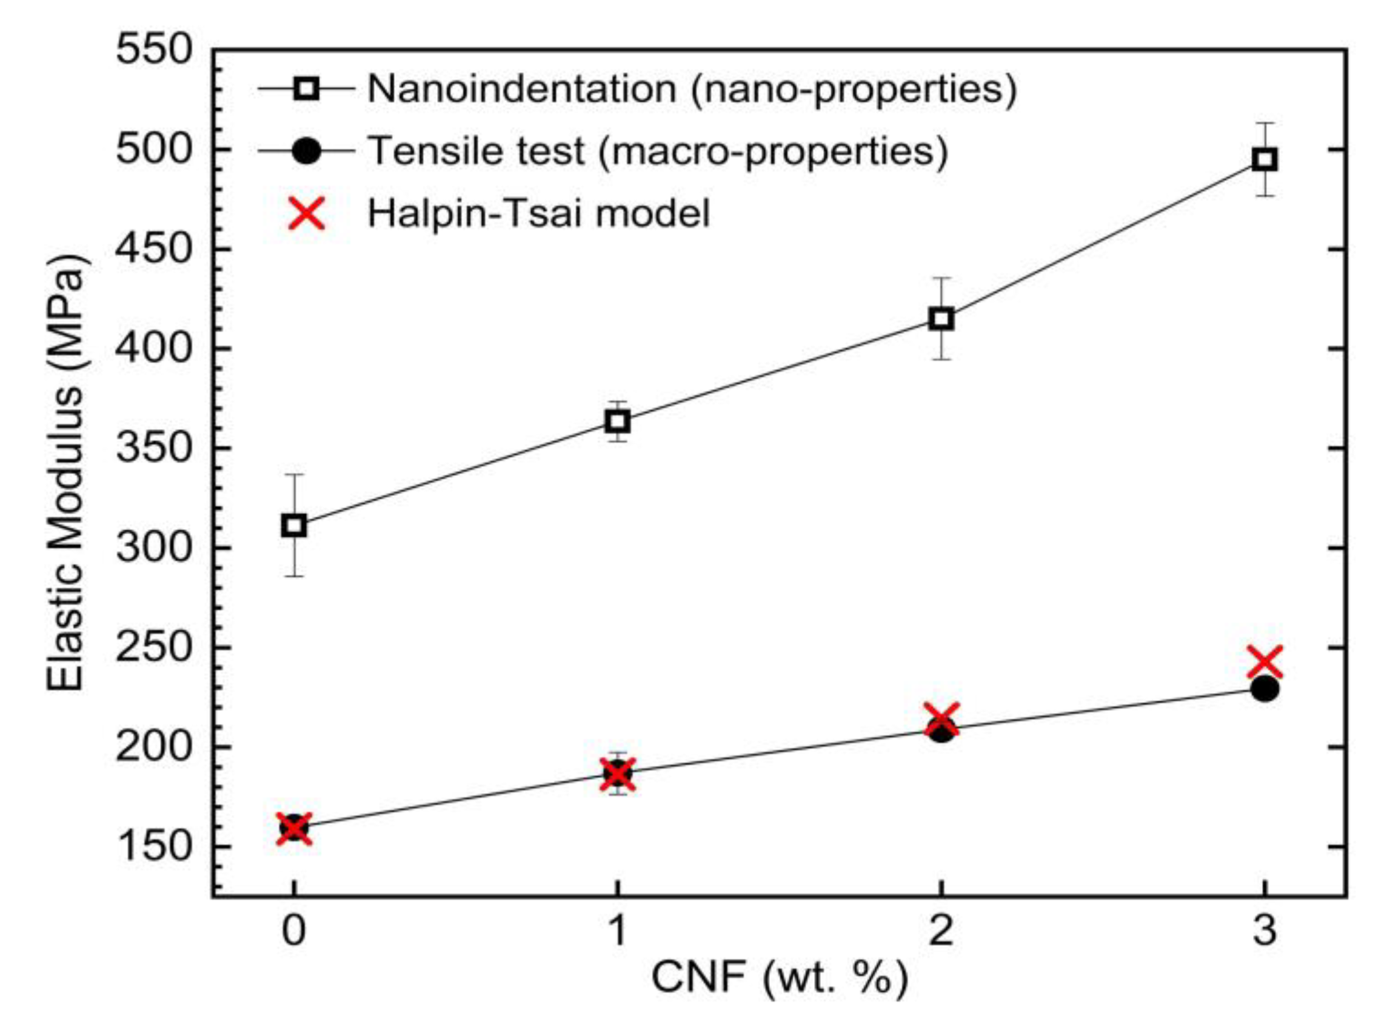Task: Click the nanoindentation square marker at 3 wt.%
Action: pyautogui.click(x=1265, y=160)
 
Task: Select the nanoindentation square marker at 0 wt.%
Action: pyautogui.click(x=294, y=526)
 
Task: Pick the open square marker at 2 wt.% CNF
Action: pyautogui.click(x=941, y=320)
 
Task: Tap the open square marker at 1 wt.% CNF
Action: pyautogui.click(x=618, y=422)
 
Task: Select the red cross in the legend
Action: pyautogui.click(x=307, y=213)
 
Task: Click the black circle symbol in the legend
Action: pyautogui.click(x=307, y=151)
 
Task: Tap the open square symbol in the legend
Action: pyautogui.click(x=307, y=89)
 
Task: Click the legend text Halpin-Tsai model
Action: pyautogui.click(x=539, y=213)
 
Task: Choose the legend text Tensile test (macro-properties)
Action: pyautogui.click(x=657, y=151)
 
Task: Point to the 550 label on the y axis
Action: pyautogui.click(x=155, y=50)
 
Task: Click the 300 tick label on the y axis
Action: pyautogui.click(x=155, y=548)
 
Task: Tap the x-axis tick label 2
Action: pyautogui.click(x=941, y=930)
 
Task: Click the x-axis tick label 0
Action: pyautogui.click(x=294, y=930)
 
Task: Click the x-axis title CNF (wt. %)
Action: pyautogui.click(x=780, y=979)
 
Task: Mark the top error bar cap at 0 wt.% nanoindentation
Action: pyautogui.click(x=294, y=474)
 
